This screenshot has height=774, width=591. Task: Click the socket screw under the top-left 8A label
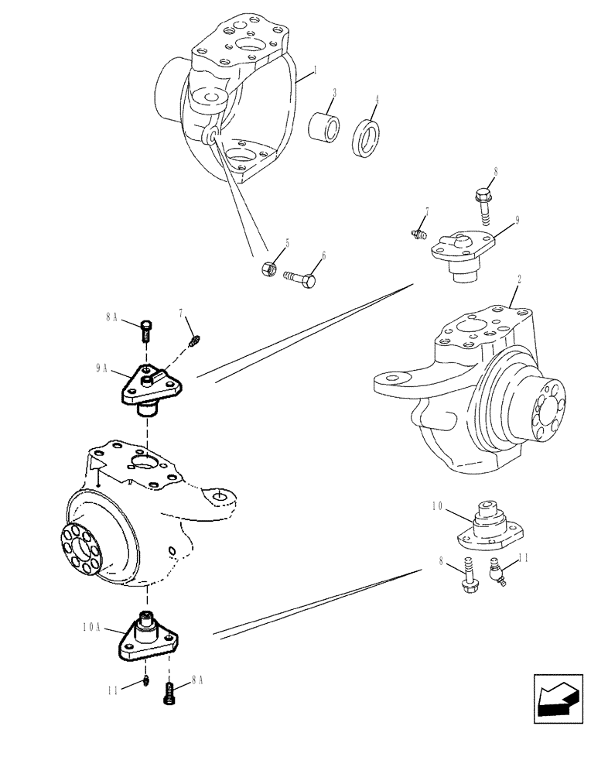pos(146,330)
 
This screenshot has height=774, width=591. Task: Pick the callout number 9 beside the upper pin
pos(517,219)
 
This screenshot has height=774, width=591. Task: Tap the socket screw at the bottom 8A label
pos(169,691)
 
